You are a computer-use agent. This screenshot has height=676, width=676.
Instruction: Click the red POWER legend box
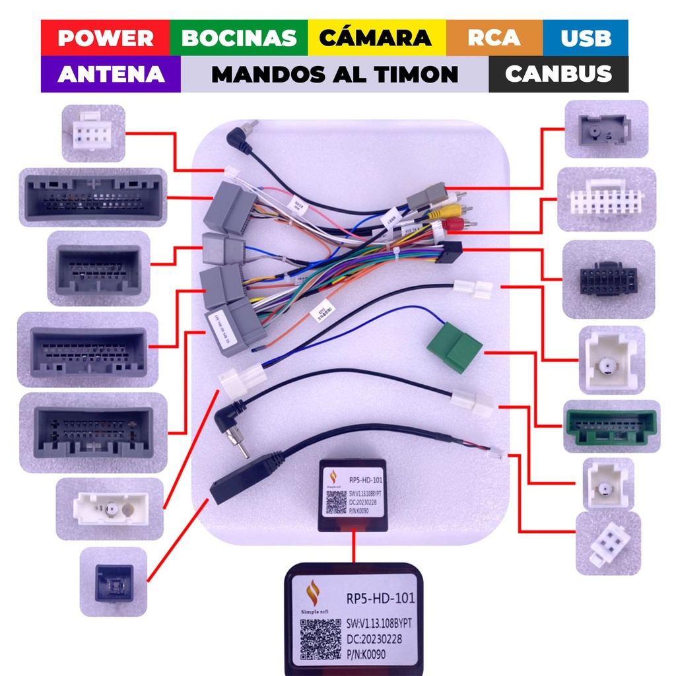(x=105, y=38)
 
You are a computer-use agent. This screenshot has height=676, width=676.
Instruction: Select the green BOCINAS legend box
(x=238, y=38)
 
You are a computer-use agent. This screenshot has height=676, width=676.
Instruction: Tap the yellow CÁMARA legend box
(x=376, y=38)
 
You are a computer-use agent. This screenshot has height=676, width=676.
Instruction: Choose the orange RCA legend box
(x=494, y=38)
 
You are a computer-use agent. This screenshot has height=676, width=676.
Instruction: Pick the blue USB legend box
(x=586, y=38)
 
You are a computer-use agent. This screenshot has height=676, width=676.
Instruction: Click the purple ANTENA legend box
(x=110, y=74)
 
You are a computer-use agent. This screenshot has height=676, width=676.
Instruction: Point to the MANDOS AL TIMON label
(x=334, y=74)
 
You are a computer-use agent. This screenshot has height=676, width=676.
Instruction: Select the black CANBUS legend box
(x=558, y=74)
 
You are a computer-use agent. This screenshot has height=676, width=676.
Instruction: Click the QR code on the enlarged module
(x=321, y=638)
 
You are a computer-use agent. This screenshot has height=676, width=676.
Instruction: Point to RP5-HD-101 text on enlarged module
(x=381, y=599)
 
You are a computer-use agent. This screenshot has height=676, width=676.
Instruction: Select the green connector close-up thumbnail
(x=611, y=426)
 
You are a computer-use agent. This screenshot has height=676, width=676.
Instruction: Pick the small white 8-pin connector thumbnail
(x=93, y=133)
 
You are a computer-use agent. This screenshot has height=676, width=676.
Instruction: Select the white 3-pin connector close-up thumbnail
(x=608, y=543)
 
